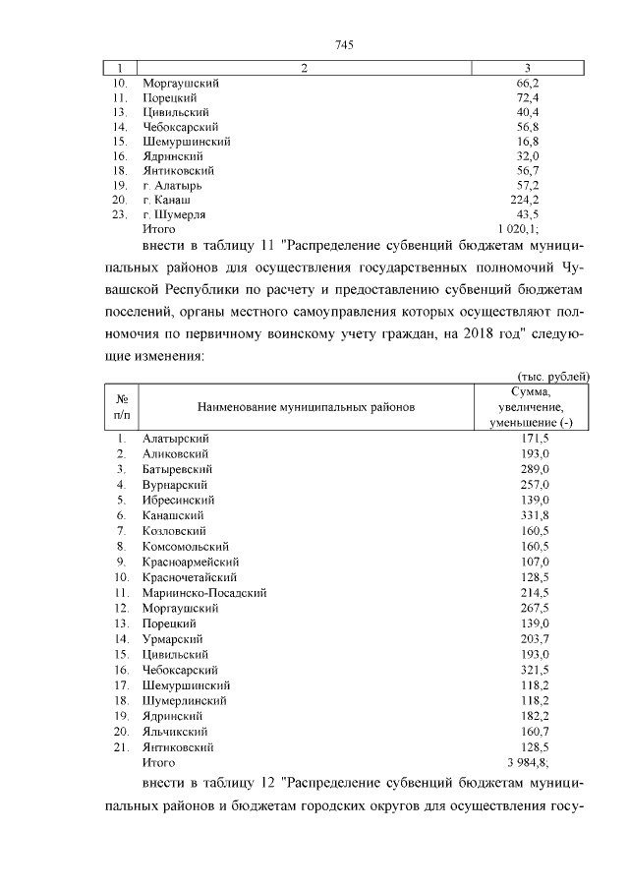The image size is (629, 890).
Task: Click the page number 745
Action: click(343, 45)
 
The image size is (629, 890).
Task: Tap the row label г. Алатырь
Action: click(174, 185)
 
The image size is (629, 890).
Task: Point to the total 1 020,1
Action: click(531, 228)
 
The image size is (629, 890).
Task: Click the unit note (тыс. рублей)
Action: click(553, 376)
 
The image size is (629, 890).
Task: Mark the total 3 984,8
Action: click(532, 762)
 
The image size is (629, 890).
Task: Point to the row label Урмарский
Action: click(171, 639)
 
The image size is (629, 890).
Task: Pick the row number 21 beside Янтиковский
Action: click(123, 747)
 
